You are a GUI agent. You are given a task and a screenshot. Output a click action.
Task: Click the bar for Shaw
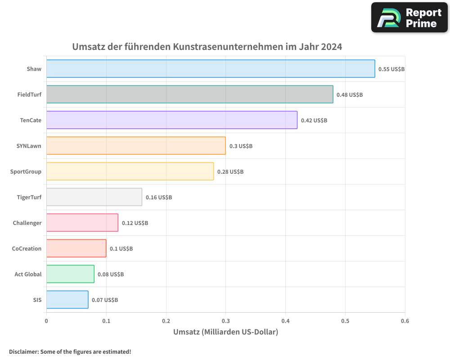(211, 69)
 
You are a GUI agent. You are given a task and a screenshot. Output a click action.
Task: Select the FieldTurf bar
(189, 94)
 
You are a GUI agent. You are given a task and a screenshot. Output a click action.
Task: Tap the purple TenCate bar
(171, 120)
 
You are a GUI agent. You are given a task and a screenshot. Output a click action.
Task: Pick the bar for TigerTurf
(94, 197)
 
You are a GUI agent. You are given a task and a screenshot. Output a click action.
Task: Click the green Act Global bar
(70, 274)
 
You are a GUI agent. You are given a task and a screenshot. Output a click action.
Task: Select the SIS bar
(67, 300)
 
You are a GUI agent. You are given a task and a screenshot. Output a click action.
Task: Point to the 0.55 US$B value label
(391, 69)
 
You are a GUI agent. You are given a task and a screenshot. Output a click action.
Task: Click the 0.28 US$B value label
(230, 172)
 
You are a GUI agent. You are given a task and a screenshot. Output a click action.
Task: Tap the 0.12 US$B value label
(135, 223)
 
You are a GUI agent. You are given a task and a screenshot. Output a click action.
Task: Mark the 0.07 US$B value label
(105, 300)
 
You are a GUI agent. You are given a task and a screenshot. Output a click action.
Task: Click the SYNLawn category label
(29, 146)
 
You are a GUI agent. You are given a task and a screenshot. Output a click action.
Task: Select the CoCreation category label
(27, 248)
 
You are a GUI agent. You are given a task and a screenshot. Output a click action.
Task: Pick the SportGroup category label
(26, 171)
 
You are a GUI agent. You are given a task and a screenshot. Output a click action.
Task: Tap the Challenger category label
(27, 223)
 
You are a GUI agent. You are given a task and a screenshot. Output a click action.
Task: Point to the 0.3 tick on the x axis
(226, 321)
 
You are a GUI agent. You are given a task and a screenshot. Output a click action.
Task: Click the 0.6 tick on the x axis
(405, 321)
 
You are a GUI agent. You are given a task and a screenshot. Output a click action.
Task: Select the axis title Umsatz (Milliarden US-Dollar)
(225, 332)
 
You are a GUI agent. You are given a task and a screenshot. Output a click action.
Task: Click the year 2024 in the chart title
(332, 47)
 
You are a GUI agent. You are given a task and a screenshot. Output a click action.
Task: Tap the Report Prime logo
(409, 18)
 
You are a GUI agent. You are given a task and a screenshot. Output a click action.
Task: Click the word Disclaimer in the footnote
(23, 351)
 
